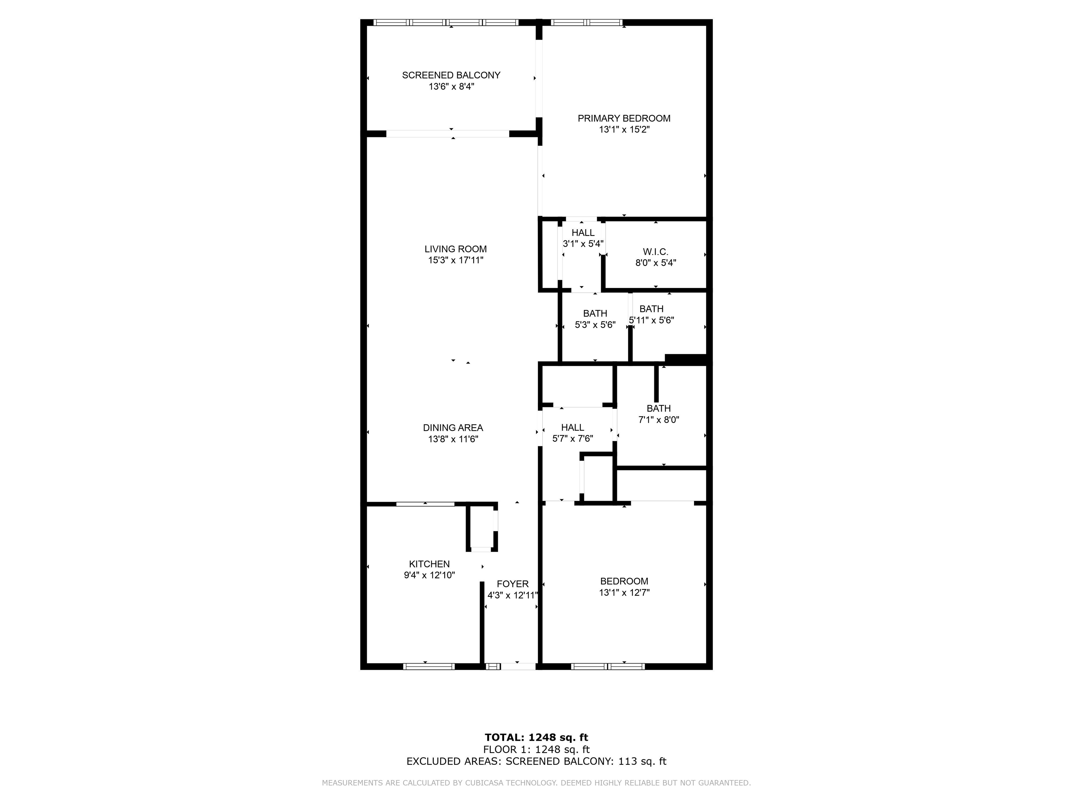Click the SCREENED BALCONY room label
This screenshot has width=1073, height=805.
click(451, 75)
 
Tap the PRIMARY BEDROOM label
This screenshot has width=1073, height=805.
click(624, 118)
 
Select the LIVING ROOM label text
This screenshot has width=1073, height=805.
click(455, 249)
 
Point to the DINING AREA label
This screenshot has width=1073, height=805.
click(453, 428)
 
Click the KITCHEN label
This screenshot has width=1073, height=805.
click(429, 564)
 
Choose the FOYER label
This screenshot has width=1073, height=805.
click(513, 584)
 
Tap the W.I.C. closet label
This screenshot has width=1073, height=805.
click(656, 252)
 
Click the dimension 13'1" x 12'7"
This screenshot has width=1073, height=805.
click(624, 593)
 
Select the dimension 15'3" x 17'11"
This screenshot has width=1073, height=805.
click(455, 260)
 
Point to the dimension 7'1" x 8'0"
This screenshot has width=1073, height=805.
click(659, 420)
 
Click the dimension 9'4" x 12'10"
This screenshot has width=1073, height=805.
click(429, 575)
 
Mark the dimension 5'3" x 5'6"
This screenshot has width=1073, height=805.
click(595, 325)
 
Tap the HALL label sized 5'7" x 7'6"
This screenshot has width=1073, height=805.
click(572, 428)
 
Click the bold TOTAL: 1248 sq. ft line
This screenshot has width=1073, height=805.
click(536, 738)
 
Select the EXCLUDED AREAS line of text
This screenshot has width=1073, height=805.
click(536, 761)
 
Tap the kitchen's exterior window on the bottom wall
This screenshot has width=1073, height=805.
click(429, 666)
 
